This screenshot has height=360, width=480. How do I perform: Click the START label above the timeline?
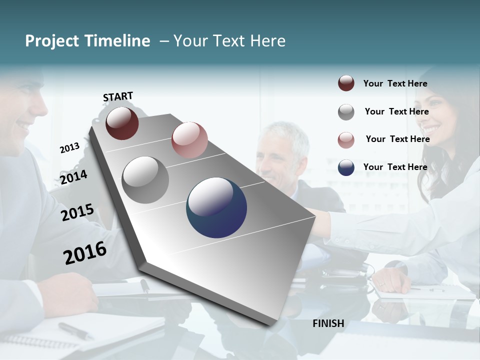pos(118,96)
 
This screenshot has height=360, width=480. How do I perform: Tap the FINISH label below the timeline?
pos(328,323)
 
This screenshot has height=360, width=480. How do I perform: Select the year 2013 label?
pos(70,147)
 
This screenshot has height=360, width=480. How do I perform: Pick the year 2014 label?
pos(74,177)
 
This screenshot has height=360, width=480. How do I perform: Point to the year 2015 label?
pos(77,212)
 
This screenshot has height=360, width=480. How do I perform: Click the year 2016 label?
pos(85,252)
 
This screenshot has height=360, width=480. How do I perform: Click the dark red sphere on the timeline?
pos(122,123)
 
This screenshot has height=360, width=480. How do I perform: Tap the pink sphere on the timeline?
pos(189,140)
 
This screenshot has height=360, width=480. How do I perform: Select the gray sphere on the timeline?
pos(145,180)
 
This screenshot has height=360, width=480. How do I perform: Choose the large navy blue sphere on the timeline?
pos(216,207)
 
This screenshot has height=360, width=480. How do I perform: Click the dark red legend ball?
pos(346,83)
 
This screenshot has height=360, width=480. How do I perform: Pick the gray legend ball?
pos(346,112)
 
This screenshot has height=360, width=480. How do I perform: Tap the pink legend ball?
pos(346,140)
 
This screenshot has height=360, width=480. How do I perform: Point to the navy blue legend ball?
pos(346,167)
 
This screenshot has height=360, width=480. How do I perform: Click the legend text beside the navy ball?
pos(395,167)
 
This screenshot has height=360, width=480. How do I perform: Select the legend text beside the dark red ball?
pos(395,83)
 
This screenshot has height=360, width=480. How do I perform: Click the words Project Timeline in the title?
pos(87,41)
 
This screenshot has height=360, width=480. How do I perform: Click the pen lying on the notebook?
pos(75,330)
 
